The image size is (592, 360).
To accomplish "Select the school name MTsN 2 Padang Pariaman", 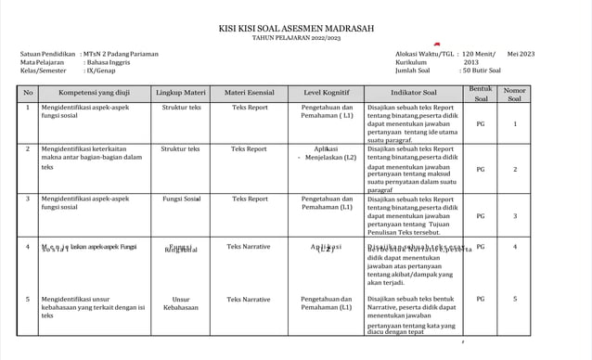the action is point(120,54).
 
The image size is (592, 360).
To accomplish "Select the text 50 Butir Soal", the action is point(482,71).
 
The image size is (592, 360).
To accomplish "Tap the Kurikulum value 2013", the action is point(471,62).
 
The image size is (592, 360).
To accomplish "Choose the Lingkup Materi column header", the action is point(181,93).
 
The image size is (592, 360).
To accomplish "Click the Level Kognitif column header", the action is point(327,93).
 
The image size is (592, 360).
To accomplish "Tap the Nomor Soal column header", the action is point(515,94).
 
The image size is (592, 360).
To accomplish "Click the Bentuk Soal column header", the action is point(480,93).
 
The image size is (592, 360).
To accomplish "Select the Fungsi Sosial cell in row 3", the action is point(181,199).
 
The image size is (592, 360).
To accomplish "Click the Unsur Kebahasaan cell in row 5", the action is point(181,304).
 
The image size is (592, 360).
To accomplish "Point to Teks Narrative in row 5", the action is point(249,300).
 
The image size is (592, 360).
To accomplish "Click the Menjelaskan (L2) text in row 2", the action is point(330,158).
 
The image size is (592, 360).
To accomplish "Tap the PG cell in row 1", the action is point(480,122).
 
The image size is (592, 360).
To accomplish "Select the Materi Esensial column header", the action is point(249,93).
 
